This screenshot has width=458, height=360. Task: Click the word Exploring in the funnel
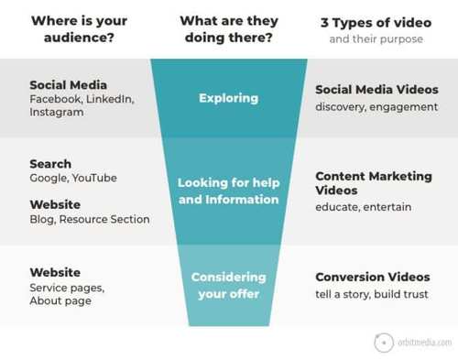click(228, 98)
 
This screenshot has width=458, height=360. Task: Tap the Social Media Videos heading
click(376, 90)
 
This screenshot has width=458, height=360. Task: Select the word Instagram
click(57, 112)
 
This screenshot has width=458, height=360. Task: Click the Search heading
click(50, 164)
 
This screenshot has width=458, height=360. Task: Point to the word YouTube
click(94, 178)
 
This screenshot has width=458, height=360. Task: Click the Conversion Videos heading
click(373, 277)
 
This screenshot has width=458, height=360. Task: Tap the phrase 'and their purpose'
click(376, 39)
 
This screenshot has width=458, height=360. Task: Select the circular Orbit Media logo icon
click(384, 343)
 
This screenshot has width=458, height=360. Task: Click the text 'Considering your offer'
click(229, 286)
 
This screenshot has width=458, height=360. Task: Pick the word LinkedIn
click(110, 99)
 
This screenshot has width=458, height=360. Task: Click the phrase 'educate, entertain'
click(364, 207)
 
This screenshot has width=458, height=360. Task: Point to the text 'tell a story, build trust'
click(372, 294)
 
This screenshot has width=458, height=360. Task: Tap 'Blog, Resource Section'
click(90, 219)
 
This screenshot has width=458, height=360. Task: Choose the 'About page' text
click(60, 301)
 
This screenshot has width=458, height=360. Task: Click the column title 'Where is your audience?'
click(79, 29)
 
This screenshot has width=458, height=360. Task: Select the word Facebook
click(56, 99)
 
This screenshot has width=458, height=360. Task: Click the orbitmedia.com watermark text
click(424, 343)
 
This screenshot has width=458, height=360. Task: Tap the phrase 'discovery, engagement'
click(376, 107)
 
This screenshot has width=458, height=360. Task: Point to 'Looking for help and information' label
click(229, 191)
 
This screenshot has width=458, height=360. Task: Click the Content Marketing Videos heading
click(374, 183)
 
